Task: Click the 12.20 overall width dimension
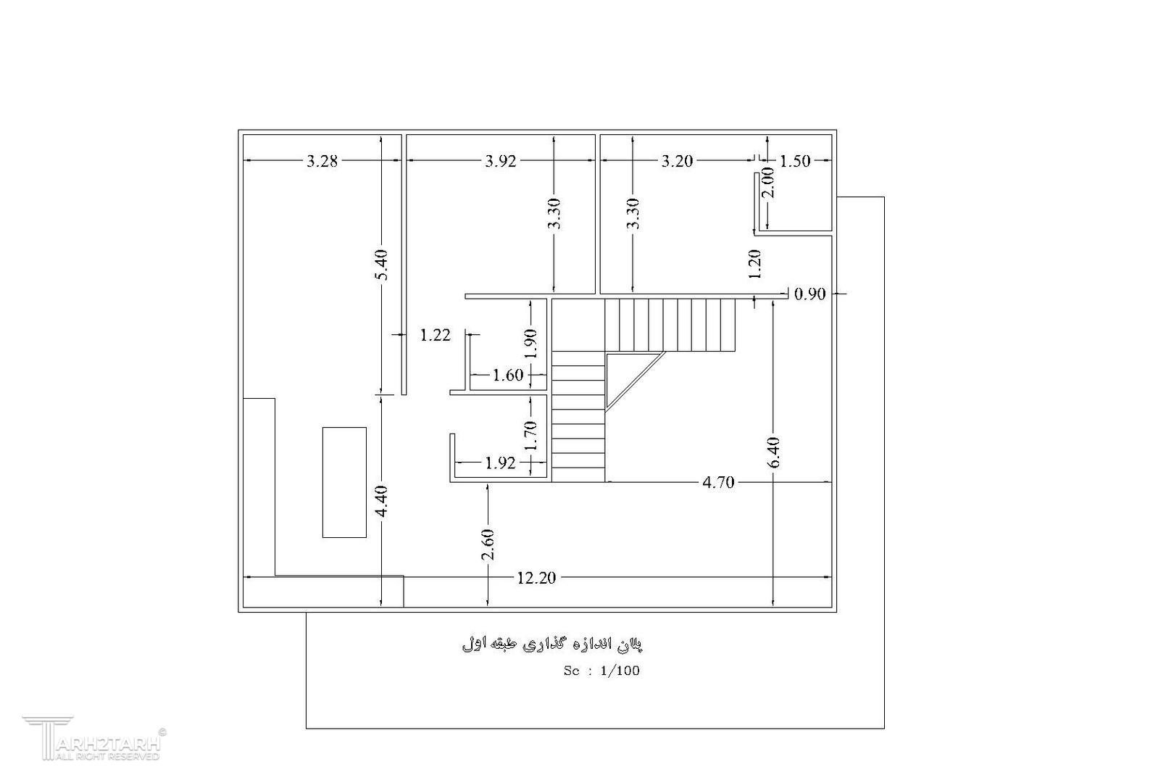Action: point(536,578)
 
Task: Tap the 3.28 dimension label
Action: point(322,161)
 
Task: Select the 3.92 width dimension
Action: point(501,161)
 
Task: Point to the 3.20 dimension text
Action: point(677,161)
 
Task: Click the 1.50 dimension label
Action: point(795,161)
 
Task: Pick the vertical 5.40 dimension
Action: point(383,265)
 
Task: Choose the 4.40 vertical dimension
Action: point(383,501)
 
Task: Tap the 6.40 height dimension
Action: point(774,452)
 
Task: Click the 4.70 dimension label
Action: point(718,483)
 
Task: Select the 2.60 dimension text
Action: point(488,544)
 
